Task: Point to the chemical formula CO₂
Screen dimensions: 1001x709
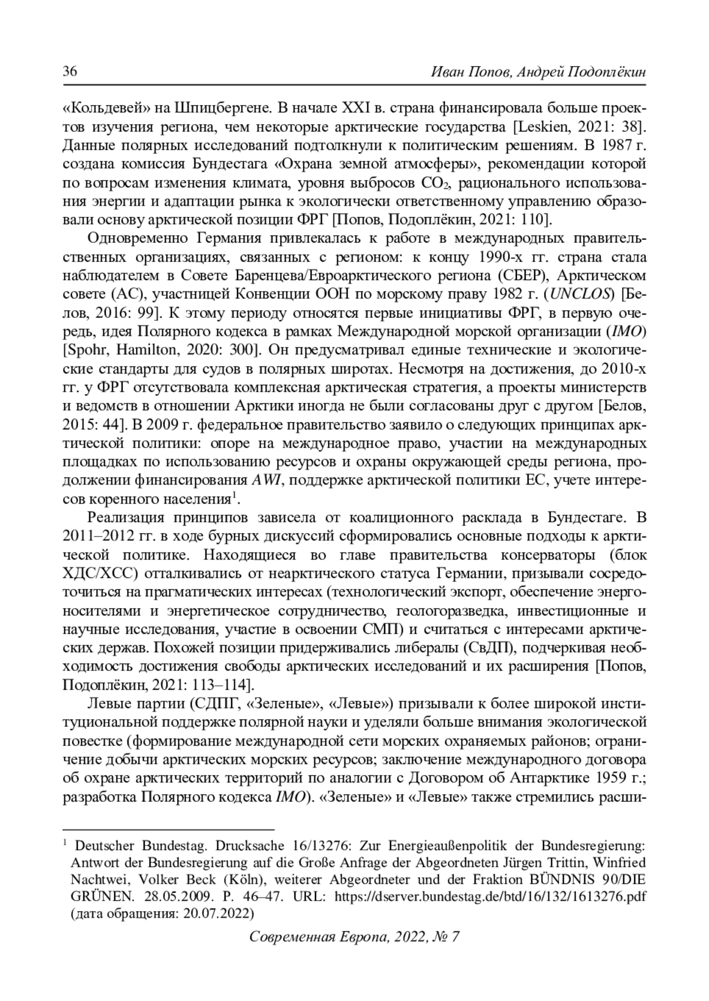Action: [436, 183]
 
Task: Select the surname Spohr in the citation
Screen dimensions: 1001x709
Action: [86, 349]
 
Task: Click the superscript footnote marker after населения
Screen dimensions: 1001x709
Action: [234, 495]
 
